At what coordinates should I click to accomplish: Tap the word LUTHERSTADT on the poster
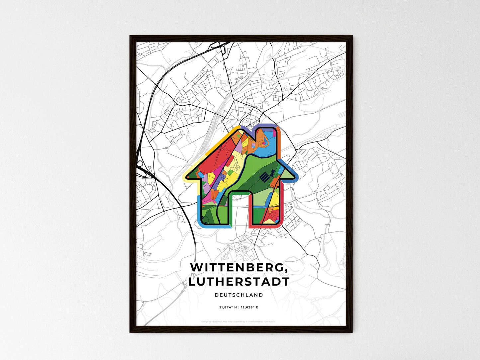[x=239, y=282]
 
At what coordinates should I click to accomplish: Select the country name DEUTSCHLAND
[x=239, y=295]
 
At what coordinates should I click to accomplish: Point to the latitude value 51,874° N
[x=228, y=308]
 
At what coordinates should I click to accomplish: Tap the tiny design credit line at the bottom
[x=239, y=322]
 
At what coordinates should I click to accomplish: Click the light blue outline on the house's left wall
[x=199, y=209]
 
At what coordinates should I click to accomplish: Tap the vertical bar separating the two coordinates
[x=239, y=308]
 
